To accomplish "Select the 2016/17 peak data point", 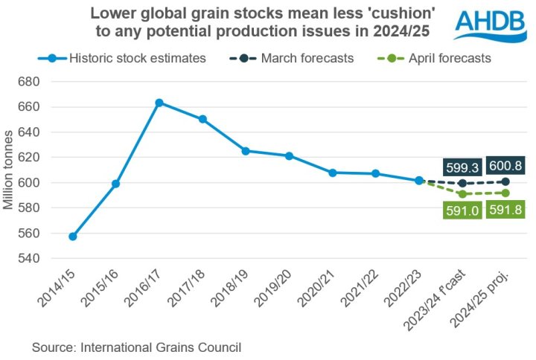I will tap(159, 103).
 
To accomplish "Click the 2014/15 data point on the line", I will tap(72, 237).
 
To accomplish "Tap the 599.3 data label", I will tap(462, 167).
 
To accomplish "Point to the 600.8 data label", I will tap(506, 166).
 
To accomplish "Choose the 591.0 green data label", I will tap(462, 210).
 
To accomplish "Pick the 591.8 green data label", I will tap(506, 210).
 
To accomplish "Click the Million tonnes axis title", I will tap(9, 170).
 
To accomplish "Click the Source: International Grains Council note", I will tap(137, 346).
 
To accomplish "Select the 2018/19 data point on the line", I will tap(246, 151).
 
